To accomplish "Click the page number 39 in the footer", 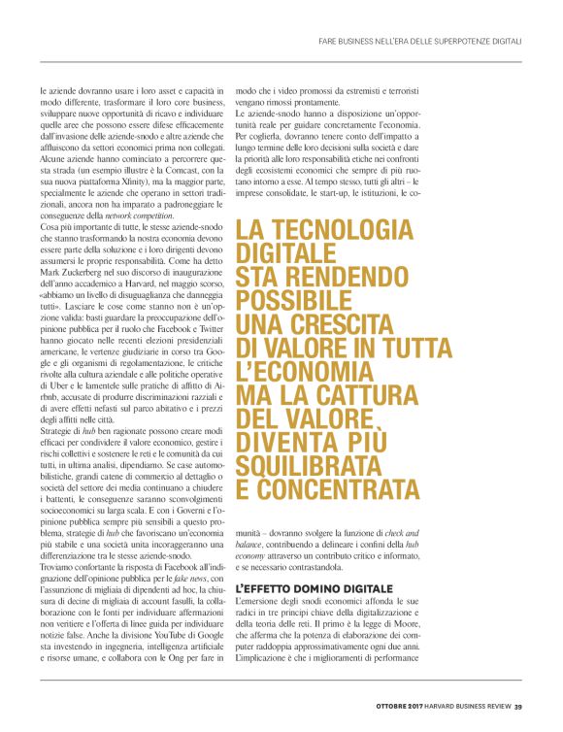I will (519, 706).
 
